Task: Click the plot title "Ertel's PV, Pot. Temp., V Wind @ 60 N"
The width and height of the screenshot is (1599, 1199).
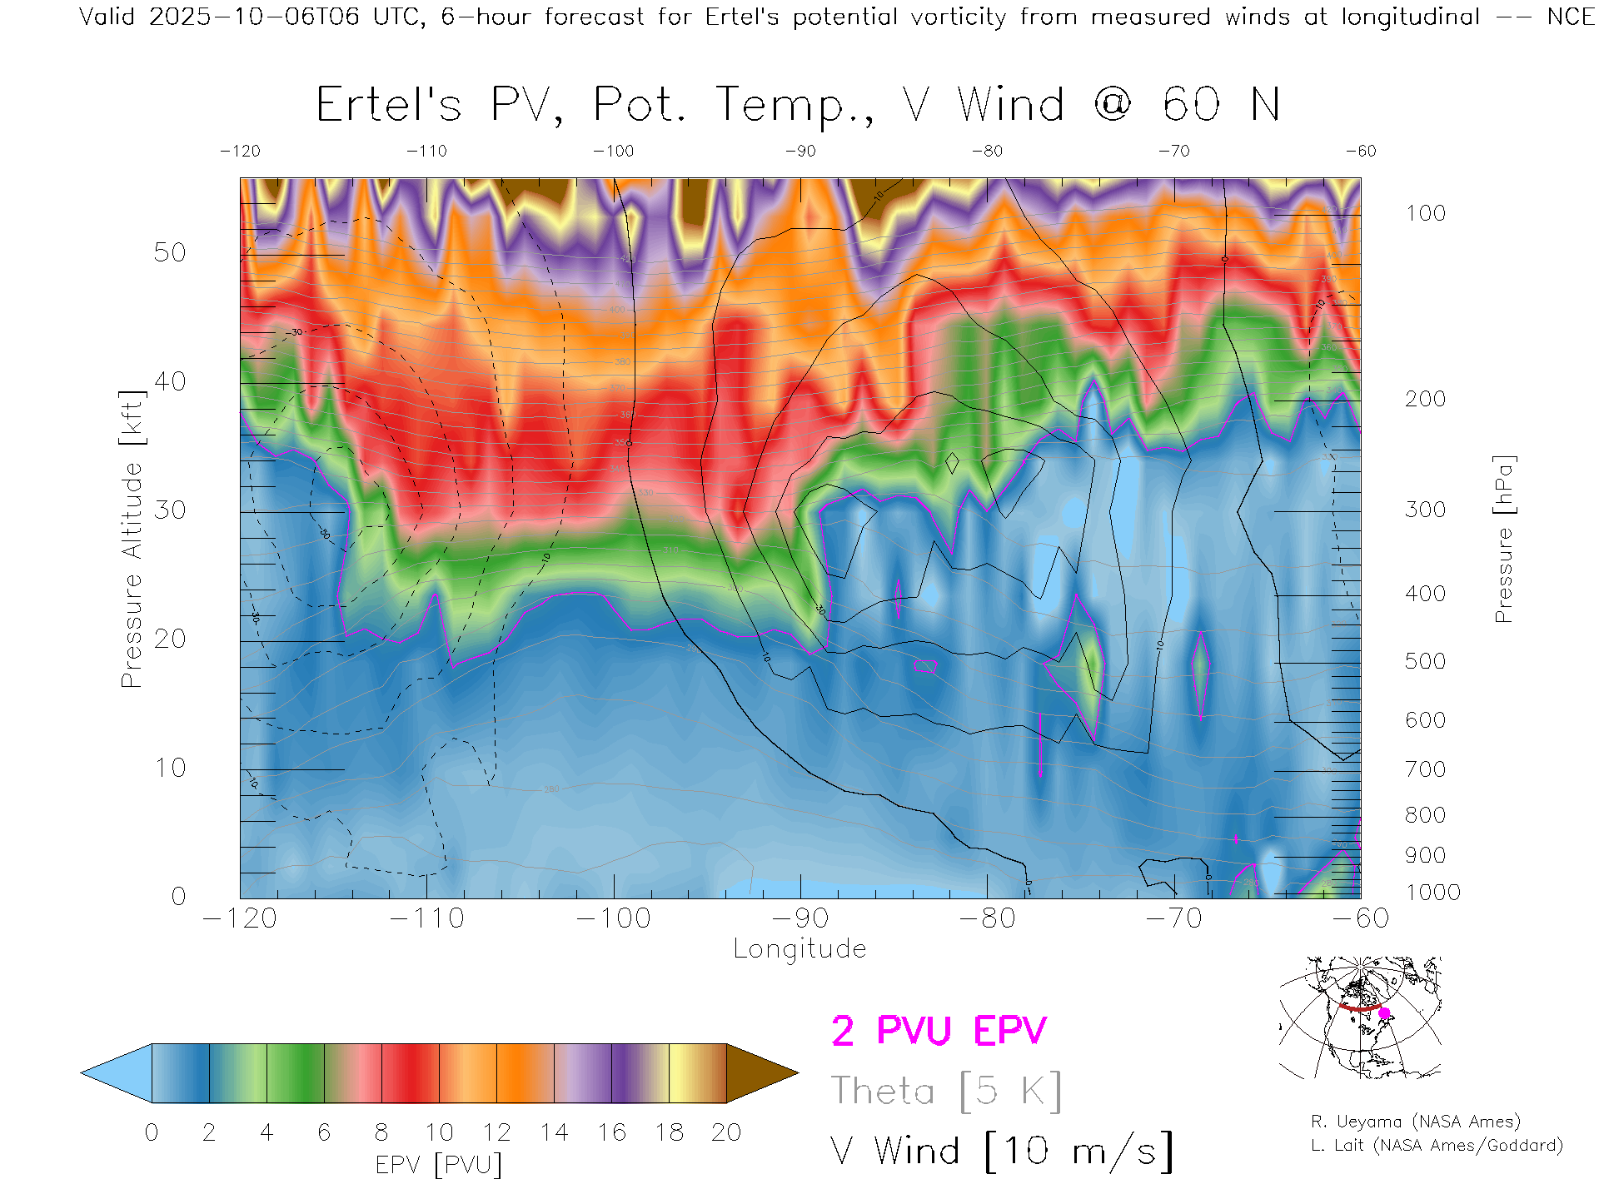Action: tap(797, 106)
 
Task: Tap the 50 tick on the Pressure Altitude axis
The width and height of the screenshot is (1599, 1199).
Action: tap(170, 252)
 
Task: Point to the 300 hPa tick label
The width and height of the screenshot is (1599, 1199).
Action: tap(1425, 510)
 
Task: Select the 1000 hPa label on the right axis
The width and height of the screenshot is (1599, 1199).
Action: tap(1432, 893)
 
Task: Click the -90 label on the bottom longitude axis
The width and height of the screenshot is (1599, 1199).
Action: tap(800, 918)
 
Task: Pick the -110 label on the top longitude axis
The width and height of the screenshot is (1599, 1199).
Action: tap(426, 152)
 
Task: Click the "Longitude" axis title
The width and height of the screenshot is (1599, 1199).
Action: tap(799, 949)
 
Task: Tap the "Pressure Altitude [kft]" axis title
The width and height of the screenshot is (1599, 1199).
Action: tap(132, 539)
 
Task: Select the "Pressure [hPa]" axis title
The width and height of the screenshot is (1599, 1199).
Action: tap(1503, 539)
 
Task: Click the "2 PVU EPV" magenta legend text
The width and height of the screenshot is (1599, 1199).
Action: tap(939, 1031)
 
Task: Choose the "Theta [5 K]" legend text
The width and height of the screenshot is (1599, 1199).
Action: tap(945, 1091)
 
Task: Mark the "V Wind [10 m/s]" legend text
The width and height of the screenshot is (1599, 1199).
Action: tap(1001, 1151)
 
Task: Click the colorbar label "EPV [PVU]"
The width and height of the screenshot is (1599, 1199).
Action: tap(439, 1165)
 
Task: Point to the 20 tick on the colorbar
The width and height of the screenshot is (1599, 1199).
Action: tap(726, 1132)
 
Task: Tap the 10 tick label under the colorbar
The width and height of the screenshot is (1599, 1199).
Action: tap(439, 1132)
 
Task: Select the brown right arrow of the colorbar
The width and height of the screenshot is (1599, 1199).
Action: tap(760, 1073)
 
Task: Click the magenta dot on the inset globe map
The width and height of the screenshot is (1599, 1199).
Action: tap(1384, 1013)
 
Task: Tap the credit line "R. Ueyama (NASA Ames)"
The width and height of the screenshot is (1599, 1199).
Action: tap(1415, 1122)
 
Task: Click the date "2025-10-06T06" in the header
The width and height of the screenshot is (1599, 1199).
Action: tap(254, 17)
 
